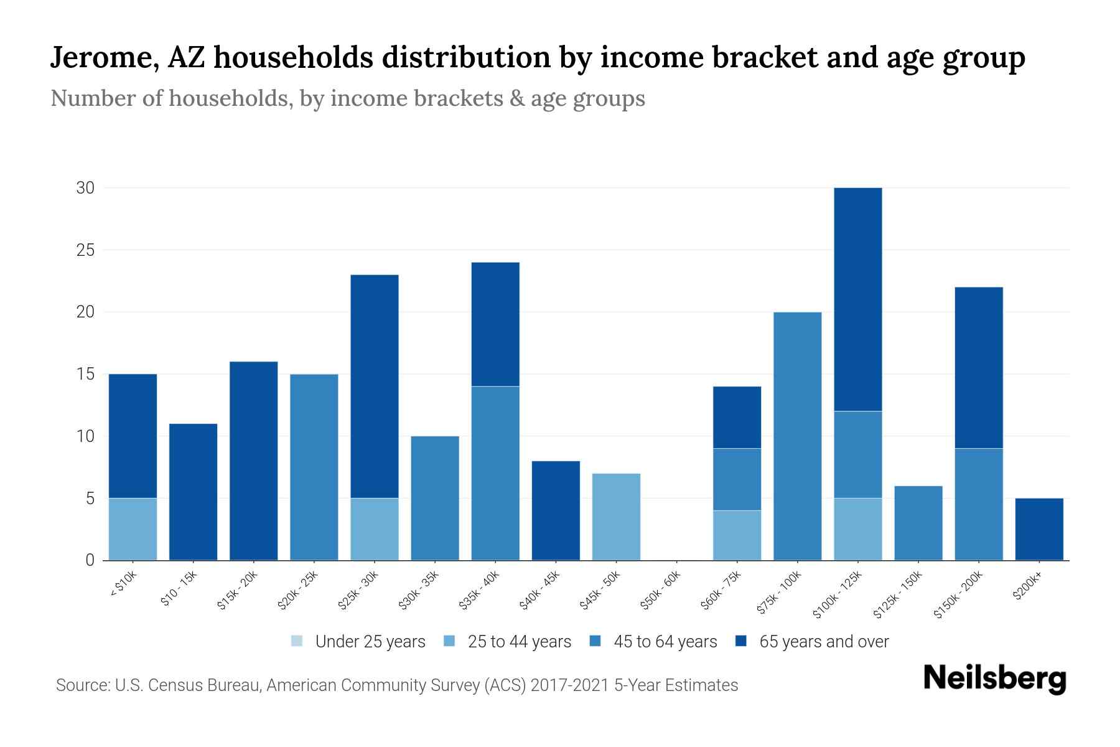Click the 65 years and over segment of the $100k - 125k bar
857,299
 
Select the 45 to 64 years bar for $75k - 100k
797,436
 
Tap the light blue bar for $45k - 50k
616,517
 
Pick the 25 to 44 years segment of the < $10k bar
133,529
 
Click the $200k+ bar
1039,529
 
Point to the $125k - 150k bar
918,523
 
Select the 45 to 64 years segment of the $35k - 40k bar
495,473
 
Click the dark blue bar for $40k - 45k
556,510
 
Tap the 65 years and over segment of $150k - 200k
978,367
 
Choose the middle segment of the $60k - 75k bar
737,479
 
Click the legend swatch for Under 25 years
297,641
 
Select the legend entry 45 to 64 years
665,642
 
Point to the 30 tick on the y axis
85,187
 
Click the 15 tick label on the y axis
85,374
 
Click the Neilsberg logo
994,679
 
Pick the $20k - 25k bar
314,467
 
